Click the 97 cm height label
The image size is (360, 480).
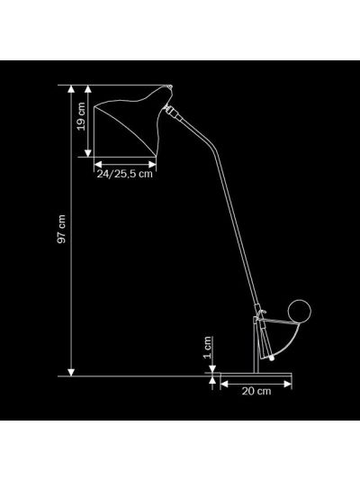[61, 229]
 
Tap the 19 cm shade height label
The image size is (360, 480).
[81, 117]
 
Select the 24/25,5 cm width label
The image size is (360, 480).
[125, 174]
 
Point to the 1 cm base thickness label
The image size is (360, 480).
[208, 347]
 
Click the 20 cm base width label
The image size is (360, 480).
[256, 391]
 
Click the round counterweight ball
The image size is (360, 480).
[299, 312]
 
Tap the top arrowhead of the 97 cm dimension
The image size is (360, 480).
[71, 89]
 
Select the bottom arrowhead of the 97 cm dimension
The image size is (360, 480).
[71, 372]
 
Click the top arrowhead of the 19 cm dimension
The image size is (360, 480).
[88, 89]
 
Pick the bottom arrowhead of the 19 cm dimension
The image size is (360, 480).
[88, 153]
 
